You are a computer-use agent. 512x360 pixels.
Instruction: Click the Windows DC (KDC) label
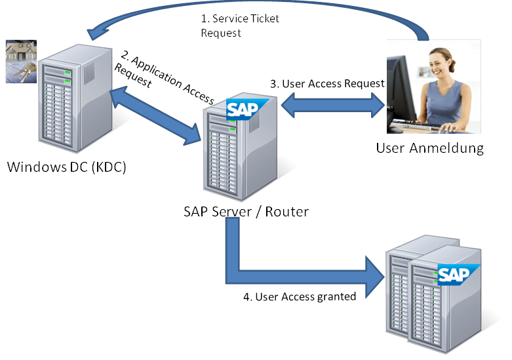[66, 167]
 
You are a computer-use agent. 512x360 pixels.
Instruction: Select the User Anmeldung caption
[429, 148]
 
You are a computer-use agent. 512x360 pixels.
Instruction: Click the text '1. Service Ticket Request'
[239, 25]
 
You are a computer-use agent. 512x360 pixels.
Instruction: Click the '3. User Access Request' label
[327, 83]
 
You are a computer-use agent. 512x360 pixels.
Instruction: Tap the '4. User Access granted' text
[299, 296]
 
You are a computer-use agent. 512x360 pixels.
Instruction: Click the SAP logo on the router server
[247, 109]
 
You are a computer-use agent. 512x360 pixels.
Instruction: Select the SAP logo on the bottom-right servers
[458, 274]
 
